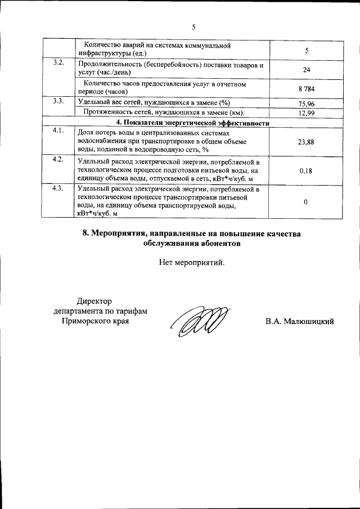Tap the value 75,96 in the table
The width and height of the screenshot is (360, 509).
coord(306,104)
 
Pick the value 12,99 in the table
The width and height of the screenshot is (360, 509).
coord(306,113)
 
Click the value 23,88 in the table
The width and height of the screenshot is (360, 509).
coord(306,142)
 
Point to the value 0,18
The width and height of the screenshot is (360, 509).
coord(306,170)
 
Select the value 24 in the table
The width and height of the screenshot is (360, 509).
coord(306,70)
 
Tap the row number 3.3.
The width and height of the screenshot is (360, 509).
coord(58,101)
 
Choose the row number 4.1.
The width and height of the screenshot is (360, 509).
coord(58,130)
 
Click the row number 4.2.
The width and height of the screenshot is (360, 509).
coord(58,159)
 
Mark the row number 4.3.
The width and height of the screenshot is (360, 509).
coord(58,188)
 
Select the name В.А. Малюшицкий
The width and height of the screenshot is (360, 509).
coord(300,321)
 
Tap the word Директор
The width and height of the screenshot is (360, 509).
coord(94,301)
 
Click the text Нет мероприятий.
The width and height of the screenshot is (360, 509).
coord(192,262)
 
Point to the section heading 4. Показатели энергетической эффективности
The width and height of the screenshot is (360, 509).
coord(193,122)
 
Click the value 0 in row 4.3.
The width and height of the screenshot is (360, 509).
coord(305,202)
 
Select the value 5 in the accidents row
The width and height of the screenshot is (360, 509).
coord(307,51)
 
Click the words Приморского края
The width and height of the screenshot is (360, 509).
coord(94,321)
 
